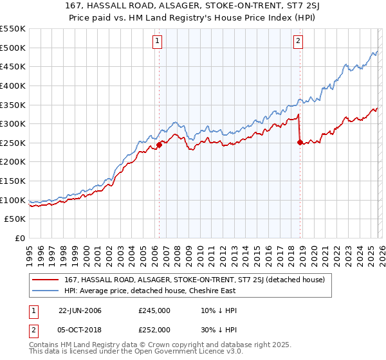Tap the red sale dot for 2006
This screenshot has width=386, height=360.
coord(159,145)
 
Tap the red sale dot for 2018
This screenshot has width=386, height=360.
coord(300,142)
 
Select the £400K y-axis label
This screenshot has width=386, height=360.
coord(13,85)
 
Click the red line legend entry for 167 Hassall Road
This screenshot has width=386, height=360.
coord(198,280)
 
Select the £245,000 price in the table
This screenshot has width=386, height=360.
coord(154,311)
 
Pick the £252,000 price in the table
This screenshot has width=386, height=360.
coord(154,329)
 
